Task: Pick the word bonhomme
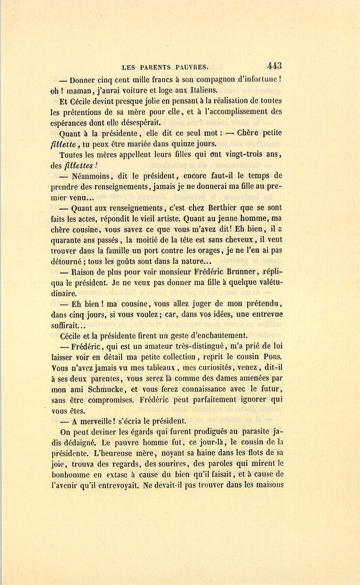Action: [71, 475]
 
